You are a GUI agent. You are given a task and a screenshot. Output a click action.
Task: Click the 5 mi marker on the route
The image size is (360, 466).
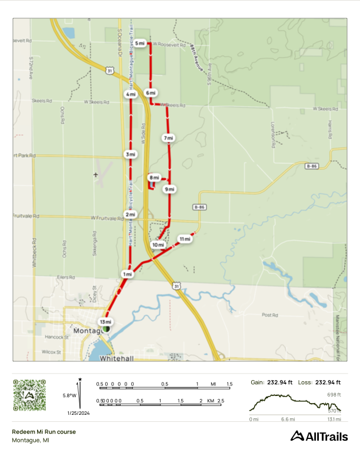pyautogui.click(x=139, y=44)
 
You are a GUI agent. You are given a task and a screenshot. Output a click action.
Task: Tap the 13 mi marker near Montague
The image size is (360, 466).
pyautogui.click(x=105, y=322)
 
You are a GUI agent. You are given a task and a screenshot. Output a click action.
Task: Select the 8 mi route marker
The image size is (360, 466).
pyautogui.click(x=154, y=177)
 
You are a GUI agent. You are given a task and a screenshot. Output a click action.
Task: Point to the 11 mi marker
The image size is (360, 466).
pyautogui.click(x=185, y=239)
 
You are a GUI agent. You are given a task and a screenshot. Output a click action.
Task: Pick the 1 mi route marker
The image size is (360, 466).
pyautogui.click(x=126, y=274)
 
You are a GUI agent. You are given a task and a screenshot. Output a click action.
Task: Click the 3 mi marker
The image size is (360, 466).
pyautogui.click(x=131, y=154)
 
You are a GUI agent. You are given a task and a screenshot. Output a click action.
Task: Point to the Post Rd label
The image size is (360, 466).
pyautogui.click(x=269, y=315)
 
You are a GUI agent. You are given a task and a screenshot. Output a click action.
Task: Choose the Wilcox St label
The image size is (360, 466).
pyautogui.click(x=51, y=352)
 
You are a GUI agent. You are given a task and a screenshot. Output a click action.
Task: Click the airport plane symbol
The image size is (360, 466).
pyautogui.click(x=96, y=175)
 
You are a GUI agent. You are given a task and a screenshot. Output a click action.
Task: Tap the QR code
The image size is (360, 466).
pyautogui.click(x=29, y=395)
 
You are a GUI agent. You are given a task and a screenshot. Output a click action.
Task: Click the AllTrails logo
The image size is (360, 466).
pyautogui.click(x=319, y=436)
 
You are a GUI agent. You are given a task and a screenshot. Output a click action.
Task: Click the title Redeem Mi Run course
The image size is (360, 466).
pyautogui.click(x=44, y=431)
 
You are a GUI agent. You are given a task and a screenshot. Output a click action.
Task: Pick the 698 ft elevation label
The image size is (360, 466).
pyautogui.click(x=335, y=394)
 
